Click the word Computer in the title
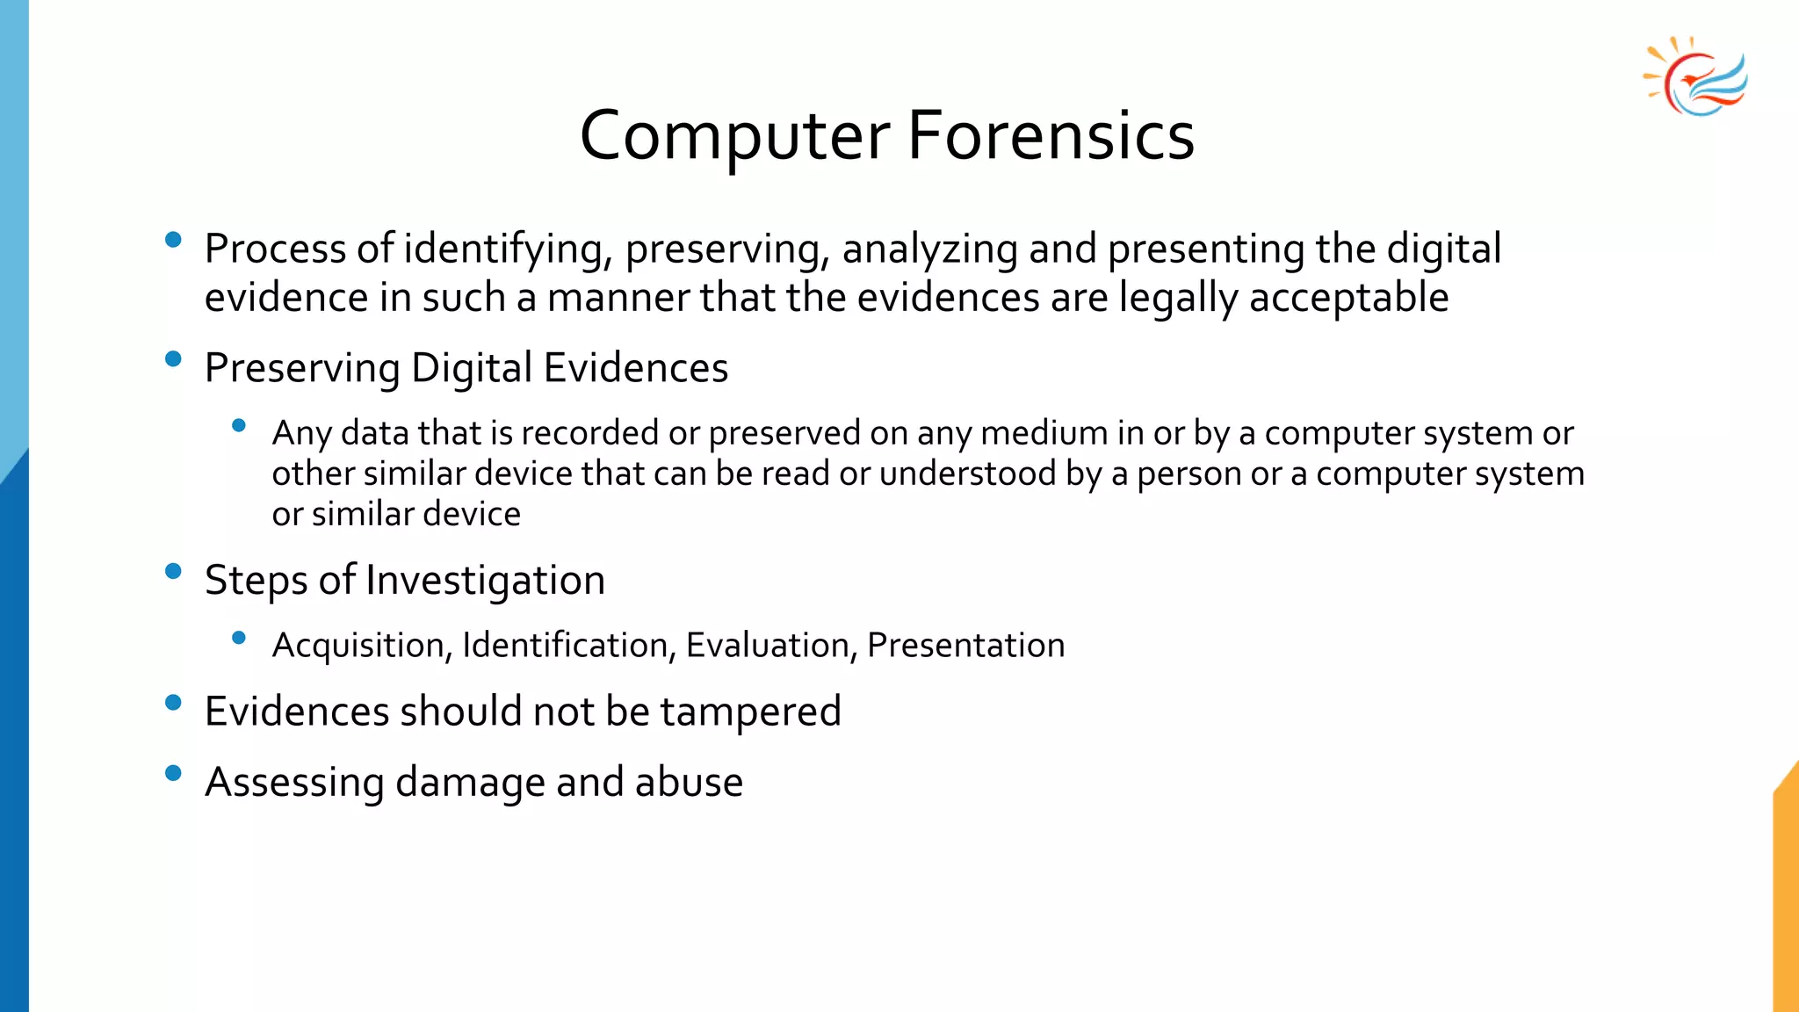pos(734,136)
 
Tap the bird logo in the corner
pos(1695,77)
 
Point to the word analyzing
pos(929,249)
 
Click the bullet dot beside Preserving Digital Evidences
pos(173,358)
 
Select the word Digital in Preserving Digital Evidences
pos(472,367)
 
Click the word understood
pos(967,473)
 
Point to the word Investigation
pos(485,580)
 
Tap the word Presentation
pos(965,646)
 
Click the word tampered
pos(750,712)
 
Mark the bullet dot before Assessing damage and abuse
pos(173,773)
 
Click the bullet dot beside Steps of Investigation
pos(173,571)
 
